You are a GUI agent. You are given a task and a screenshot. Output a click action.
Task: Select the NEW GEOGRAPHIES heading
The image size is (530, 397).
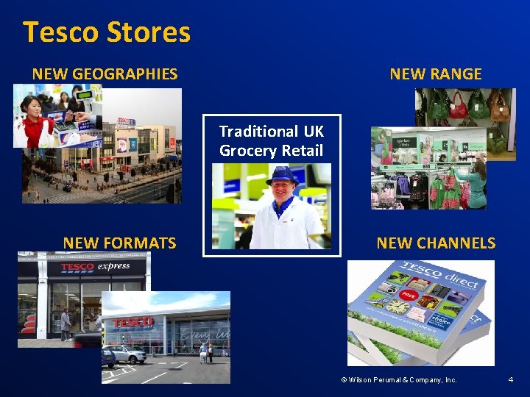pyautogui.click(x=105, y=74)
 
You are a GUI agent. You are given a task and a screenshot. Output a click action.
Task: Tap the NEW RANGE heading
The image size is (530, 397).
pyautogui.click(x=436, y=74)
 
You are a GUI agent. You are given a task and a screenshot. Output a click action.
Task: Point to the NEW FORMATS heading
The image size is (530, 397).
pyautogui.click(x=119, y=243)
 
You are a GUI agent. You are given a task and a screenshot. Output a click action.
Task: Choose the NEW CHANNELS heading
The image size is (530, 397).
pyautogui.click(x=436, y=243)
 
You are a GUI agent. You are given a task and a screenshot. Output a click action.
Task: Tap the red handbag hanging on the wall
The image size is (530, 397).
pyautogui.click(x=459, y=105)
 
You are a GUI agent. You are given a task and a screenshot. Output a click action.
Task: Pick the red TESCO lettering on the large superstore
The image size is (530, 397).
pyautogui.click(x=132, y=322)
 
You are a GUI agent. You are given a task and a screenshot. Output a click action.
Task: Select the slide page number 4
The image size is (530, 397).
pyautogui.click(x=510, y=379)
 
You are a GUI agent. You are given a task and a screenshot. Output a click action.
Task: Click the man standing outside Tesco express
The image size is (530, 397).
pyautogui.click(x=66, y=324)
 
